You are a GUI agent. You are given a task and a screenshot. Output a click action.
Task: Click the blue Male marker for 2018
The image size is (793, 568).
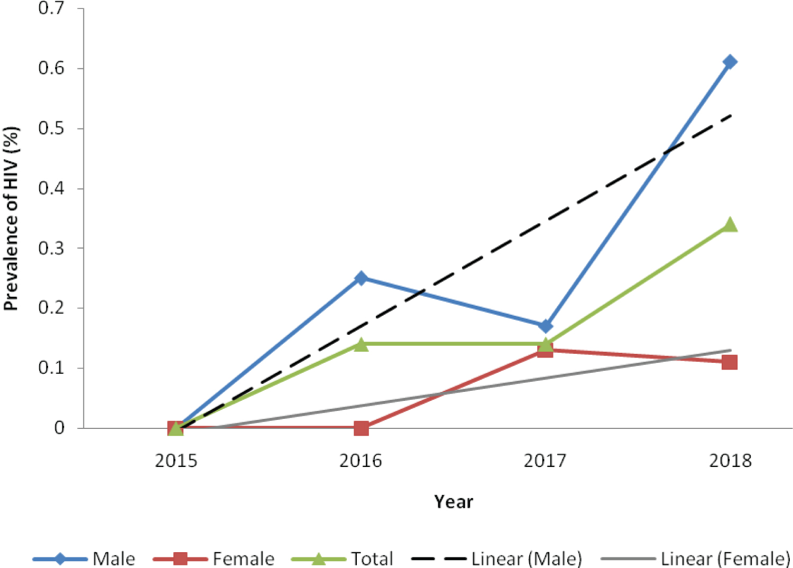pos(730,62)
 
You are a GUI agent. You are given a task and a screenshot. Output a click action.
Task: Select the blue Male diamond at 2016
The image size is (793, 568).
pos(361,278)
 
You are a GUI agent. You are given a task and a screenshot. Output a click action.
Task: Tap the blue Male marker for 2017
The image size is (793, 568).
pos(546,326)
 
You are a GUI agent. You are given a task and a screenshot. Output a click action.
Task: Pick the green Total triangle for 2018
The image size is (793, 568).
pos(730,225)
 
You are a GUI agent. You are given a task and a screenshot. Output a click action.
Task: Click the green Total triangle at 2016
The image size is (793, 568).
pos(361,345)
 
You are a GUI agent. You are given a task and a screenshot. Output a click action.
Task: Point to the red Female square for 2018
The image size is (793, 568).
pos(730,362)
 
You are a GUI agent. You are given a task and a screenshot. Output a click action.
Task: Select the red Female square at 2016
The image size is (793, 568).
pos(361,428)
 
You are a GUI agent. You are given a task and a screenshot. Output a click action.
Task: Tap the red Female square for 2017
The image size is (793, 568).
pos(546,351)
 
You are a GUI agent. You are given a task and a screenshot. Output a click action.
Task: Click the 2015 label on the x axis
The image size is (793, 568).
pos(176,461)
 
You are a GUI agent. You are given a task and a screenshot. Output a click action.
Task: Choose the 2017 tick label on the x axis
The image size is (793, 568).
pos(545,461)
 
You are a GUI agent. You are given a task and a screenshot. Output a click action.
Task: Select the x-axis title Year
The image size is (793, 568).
pos(454,501)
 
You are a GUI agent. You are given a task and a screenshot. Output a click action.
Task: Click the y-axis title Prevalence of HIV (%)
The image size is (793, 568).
pos(11,218)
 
